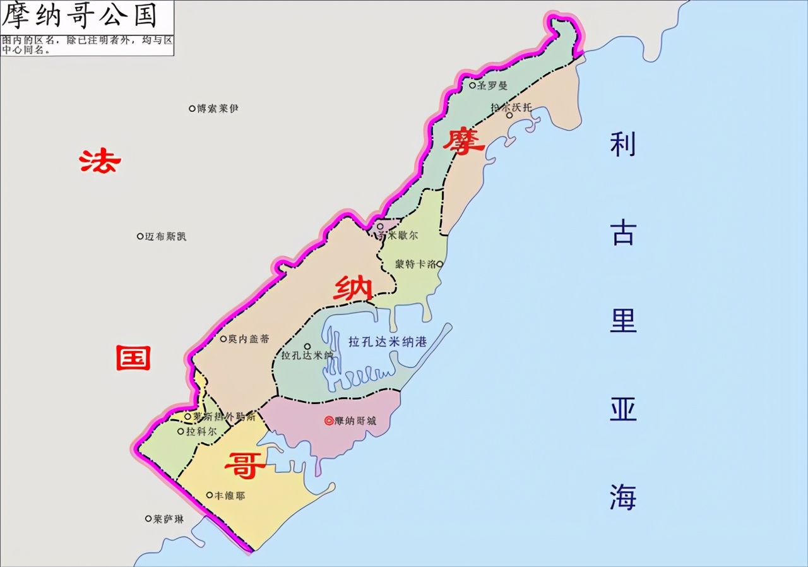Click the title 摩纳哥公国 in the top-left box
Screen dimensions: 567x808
79,16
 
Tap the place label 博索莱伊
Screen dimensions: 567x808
218,109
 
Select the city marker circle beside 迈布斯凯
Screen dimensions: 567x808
140,236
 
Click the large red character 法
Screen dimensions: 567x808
100,162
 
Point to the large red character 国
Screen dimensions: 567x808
133,358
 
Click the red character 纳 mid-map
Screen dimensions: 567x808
353,289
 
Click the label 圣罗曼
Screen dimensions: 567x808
492,85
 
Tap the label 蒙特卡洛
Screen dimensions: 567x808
415,265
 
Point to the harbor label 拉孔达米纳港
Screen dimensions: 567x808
388,342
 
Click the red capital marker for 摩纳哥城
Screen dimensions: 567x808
328,421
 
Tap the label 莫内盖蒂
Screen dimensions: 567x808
244,339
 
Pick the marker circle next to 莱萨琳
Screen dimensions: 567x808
149,518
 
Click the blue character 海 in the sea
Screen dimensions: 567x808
622,497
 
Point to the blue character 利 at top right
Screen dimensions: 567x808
622,145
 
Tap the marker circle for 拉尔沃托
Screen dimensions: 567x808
509,116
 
